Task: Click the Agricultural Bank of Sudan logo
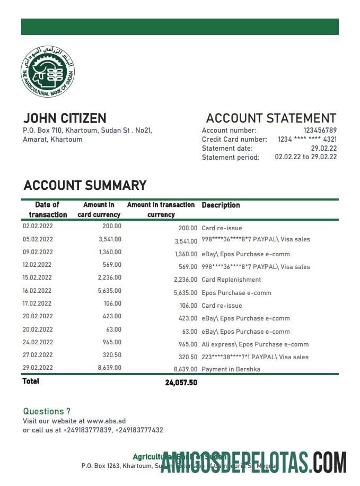pos(47,72)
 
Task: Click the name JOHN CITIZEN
pos(65,118)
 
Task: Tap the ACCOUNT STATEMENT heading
pos(271,118)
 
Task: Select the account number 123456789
pos(320,131)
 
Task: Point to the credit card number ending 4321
pos(307,140)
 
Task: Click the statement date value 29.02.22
pos(323,149)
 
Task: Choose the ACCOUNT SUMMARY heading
pos(85,185)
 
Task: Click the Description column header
pos(221,205)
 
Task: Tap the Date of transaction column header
pos(48,210)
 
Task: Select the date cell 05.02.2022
pos(38,239)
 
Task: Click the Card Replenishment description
pos(231,280)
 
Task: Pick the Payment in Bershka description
pos(231,369)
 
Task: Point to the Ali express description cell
pos(255,344)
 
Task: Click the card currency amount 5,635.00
pos(110,291)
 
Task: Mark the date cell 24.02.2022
pos(38,342)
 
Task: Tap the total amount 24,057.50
pos(181,383)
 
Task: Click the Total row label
pos(31,381)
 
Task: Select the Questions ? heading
pos(47,411)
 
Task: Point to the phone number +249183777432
pos(139,430)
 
